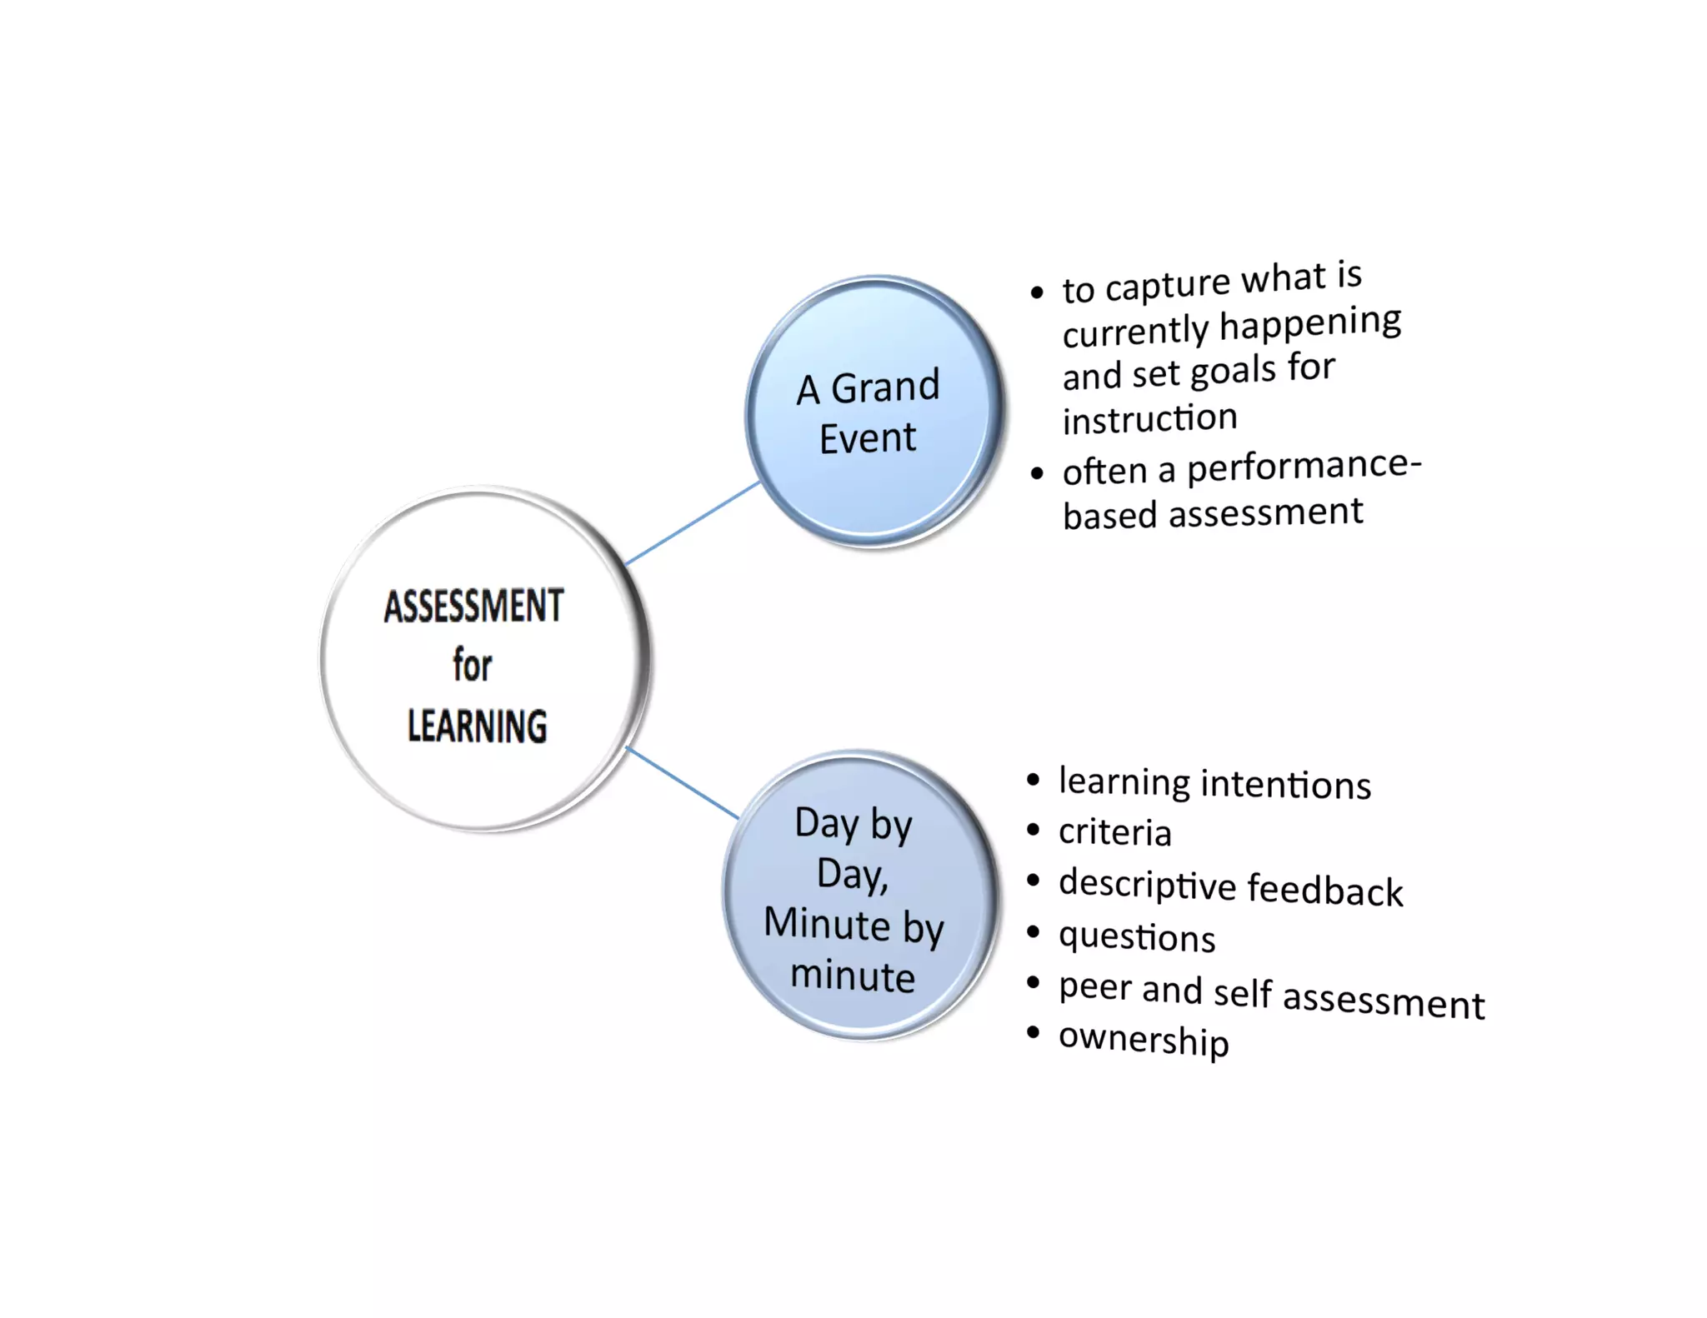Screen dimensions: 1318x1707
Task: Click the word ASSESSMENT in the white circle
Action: pyautogui.click(x=473, y=606)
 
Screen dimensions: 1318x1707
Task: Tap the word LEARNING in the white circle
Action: pyautogui.click(x=477, y=726)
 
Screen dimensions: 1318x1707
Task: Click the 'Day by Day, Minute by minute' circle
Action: pyautogui.click(x=859, y=896)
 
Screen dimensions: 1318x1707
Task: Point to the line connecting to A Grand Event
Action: pyautogui.click(x=692, y=522)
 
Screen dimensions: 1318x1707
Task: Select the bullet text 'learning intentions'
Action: pyautogui.click(x=1214, y=784)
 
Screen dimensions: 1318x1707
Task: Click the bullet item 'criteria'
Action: pyautogui.click(x=1114, y=832)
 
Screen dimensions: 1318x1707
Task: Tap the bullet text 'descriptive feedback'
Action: pyautogui.click(x=1230, y=887)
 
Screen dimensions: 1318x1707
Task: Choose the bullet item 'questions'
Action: pyautogui.click(x=1137, y=937)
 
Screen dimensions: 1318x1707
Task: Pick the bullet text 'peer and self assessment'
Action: pyautogui.click(x=1271, y=996)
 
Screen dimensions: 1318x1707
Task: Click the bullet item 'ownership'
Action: pyautogui.click(x=1144, y=1040)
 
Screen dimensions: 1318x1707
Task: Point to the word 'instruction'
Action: pyautogui.click(x=1149, y=419)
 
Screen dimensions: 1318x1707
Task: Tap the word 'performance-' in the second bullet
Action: pyautogui.click(x=1304, y=465)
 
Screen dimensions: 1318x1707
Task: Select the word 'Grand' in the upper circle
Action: pyautogui.click(x=885, y=387)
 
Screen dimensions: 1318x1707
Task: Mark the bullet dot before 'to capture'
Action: pyautogui.click(x=1037, y=292)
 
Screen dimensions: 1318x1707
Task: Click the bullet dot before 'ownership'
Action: pyautogui.click(x=1034, y=1033)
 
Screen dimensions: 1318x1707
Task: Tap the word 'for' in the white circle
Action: pyautogui.click(x=472, y=666)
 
